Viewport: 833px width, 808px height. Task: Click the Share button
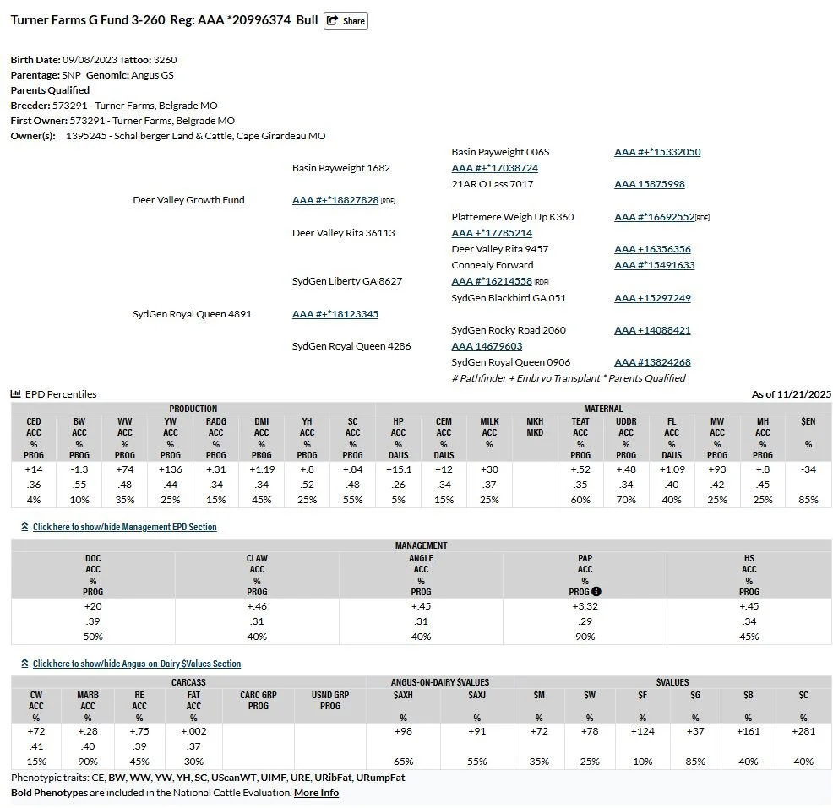[x=346, y=20]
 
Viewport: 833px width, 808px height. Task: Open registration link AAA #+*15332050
[x=656, y=152]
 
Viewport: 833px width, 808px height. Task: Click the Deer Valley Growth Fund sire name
[x=188, y=200]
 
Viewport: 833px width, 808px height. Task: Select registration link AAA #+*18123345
[x=335, y=314]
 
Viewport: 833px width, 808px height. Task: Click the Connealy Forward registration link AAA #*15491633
[x=654, y=265]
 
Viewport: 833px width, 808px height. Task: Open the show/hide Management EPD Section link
[x=124, y=527]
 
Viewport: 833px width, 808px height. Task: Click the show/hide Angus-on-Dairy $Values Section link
[x=136, y=664]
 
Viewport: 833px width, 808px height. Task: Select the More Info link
[x=316, y=793]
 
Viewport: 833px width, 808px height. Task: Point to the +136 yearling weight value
[x=170, y=469]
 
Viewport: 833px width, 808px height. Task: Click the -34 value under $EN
[x=808, y=469]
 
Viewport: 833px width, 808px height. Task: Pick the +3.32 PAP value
[x=585, y=606]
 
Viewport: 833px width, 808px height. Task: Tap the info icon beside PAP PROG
[x=596, y=591]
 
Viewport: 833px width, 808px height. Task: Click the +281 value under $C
[x=803, y=731]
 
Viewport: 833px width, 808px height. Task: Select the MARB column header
[x=88, y=695]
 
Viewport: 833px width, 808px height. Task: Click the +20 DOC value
[x=93, y=606]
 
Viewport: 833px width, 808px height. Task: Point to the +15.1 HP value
[x=398, y=469]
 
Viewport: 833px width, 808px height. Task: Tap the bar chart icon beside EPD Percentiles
[x=16, y=394]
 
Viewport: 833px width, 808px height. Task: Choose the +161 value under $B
[x=749, y=731]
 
